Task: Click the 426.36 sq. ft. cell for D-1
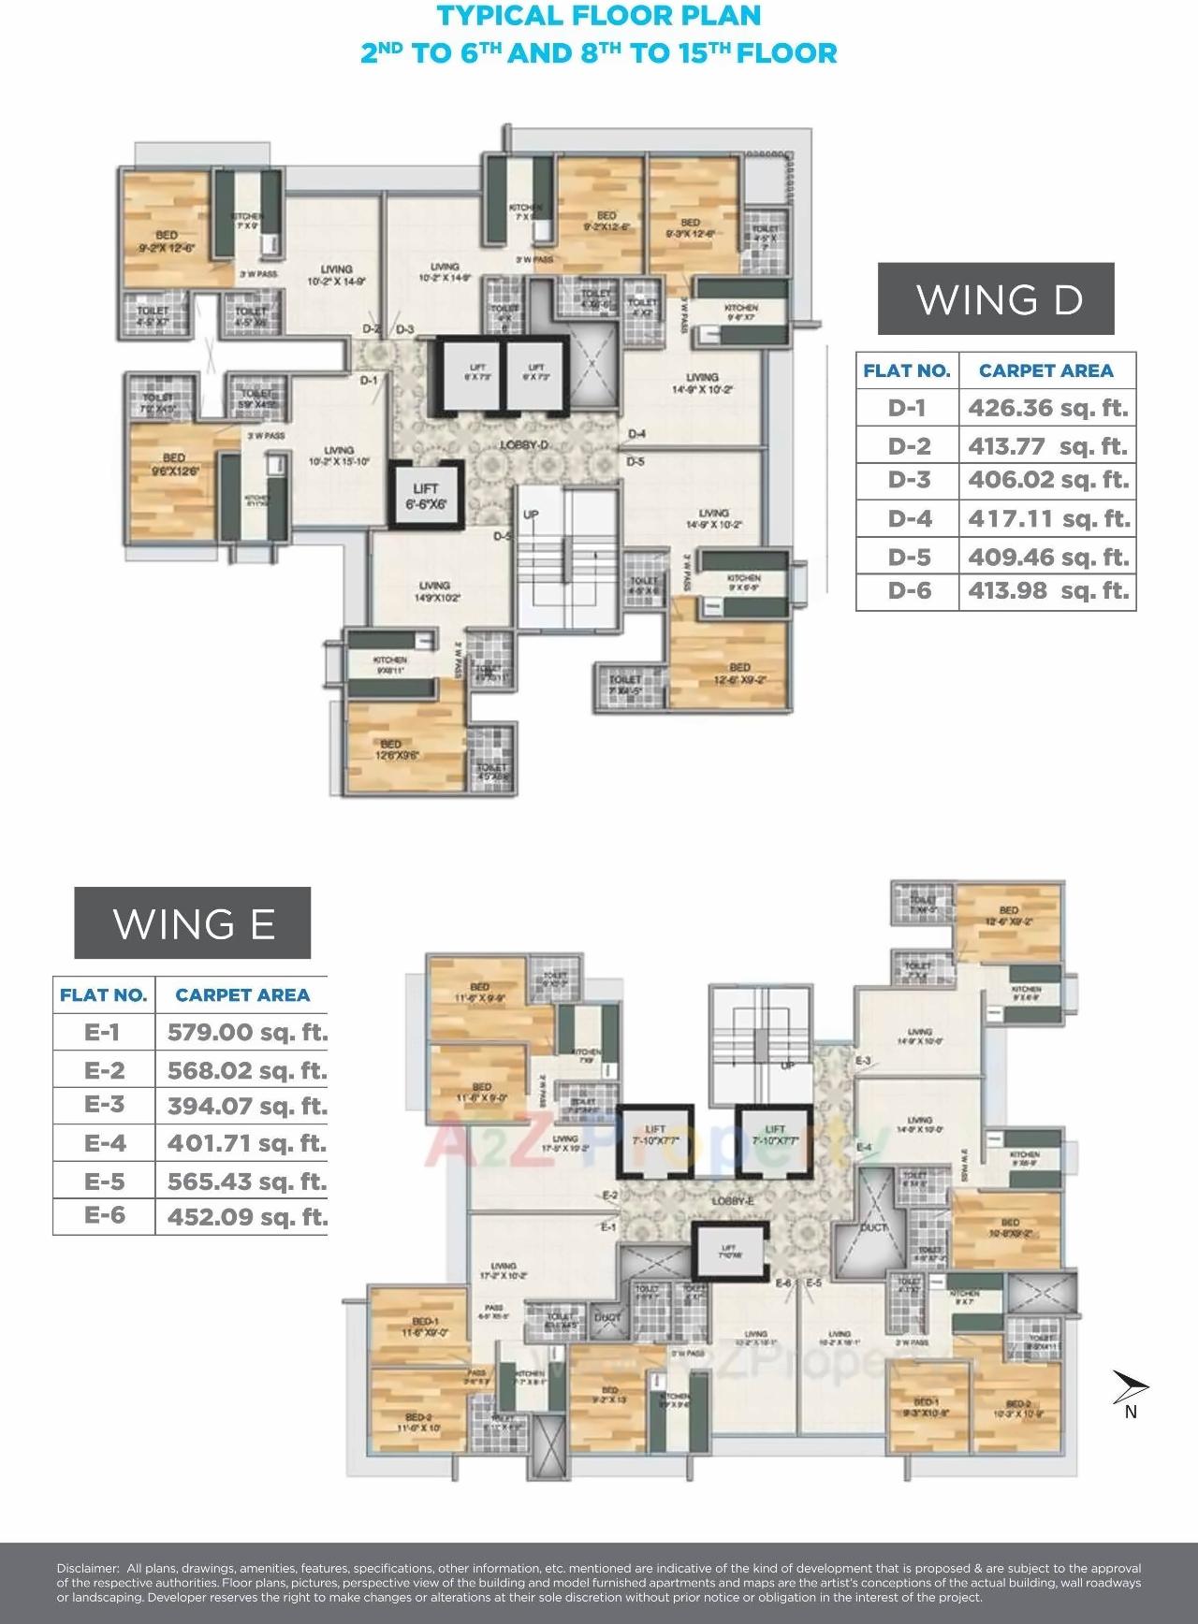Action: point(1047,408)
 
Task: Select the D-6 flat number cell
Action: point(908,590)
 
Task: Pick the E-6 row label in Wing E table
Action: point(104,1215)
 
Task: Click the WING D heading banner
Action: point(996,299)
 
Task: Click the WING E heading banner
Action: point(193,923)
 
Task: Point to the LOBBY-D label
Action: point(523,445)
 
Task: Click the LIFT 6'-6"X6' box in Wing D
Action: point(425,497)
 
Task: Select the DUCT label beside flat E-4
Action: point(872,1227)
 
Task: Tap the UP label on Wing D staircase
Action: point(531,515)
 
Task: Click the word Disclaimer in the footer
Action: point(87,1568)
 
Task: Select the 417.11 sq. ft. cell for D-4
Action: point(1047,518)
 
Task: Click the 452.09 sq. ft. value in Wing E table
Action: point(247,1217)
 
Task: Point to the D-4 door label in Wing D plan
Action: point(636,434)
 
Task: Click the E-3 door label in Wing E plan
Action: point(863,1061)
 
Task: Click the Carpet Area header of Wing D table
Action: point(1045,370)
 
